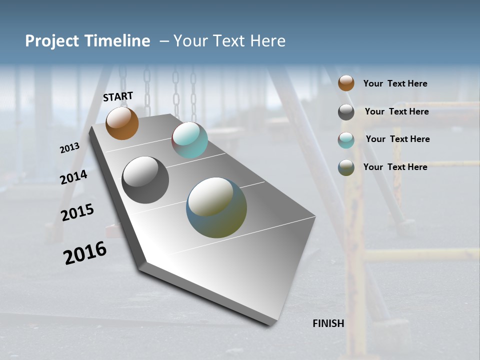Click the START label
118,96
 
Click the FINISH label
328,323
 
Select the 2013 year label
69,148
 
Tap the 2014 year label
74,177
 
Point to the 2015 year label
77,212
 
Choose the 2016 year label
85,253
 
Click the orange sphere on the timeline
122,123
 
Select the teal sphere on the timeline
189,140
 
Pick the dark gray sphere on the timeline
145,180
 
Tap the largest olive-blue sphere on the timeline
216,207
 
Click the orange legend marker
346,83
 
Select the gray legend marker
346,112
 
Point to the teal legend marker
346,140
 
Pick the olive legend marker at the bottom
346,167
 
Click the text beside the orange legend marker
395,83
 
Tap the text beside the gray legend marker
396,111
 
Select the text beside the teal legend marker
397,139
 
